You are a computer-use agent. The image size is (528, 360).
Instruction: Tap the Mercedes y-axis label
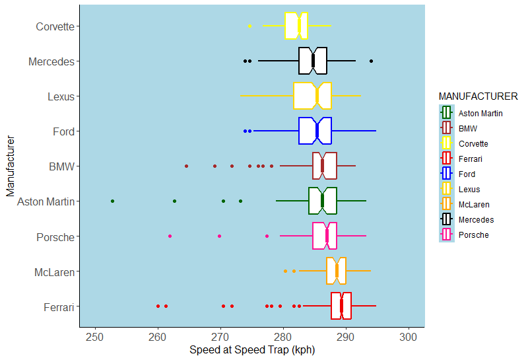tap(51, 61)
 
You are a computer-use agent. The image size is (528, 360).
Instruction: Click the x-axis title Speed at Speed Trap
tap(251, 350)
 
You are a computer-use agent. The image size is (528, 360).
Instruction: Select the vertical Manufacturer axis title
tap(10, 166)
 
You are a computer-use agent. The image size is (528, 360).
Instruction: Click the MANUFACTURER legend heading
tap(478, 96)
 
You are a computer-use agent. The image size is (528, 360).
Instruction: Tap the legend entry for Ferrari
tap(471, 159)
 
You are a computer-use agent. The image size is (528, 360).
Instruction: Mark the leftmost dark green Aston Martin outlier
tap(112, 201)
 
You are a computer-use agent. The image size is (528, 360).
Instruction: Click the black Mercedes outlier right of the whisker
tap(371, 61)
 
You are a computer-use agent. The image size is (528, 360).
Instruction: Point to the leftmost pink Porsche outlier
tap(170, 236)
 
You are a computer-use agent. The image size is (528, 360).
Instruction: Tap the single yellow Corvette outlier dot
tap(249, 26)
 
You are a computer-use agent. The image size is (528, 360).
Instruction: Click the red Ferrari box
tap(341, 306)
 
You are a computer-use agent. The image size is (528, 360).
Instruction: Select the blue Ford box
tap(315, 131)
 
